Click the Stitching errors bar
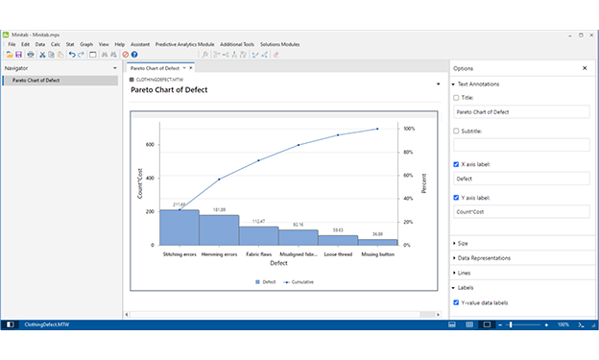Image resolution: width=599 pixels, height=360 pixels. pos(179,228)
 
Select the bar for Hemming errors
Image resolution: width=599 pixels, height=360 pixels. pos(219,229)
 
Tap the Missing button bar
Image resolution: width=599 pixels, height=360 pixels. pos(377,242)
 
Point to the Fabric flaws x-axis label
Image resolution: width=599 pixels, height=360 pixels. pos(258,254)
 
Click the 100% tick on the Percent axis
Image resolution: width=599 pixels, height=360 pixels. pos(409,129)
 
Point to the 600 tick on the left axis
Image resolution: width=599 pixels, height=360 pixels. pos(149,145)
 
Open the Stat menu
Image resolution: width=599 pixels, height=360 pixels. pos(69,44)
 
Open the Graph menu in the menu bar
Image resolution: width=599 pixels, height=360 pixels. pos(86,44)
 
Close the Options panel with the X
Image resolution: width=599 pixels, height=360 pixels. pos(585,68)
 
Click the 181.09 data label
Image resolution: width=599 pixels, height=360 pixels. pos(219,209)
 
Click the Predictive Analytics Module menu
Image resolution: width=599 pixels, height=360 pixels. pos(184,44)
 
